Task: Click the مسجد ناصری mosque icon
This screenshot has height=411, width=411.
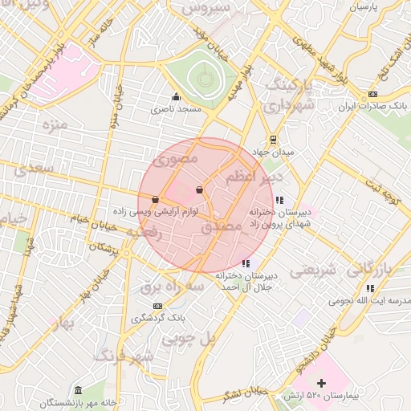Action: pyautogui.click(x=176, y=97)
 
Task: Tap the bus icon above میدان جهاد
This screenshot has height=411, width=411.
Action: pyautogui.click(x=274, y=138)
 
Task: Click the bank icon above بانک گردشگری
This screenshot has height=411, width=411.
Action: pyautogui.click(x=157, y=306)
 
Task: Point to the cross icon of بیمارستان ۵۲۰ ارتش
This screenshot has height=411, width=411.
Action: pyautogui.click(x=322, y=383)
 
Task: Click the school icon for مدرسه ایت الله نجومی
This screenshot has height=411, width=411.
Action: pyautogui.click(x=370, y=288)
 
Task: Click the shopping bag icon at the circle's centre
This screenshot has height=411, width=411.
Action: pyautogui.click(x=198, y=190)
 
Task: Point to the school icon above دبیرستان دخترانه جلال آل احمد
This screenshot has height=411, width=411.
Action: pyautogui.click(x=245, y=263)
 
